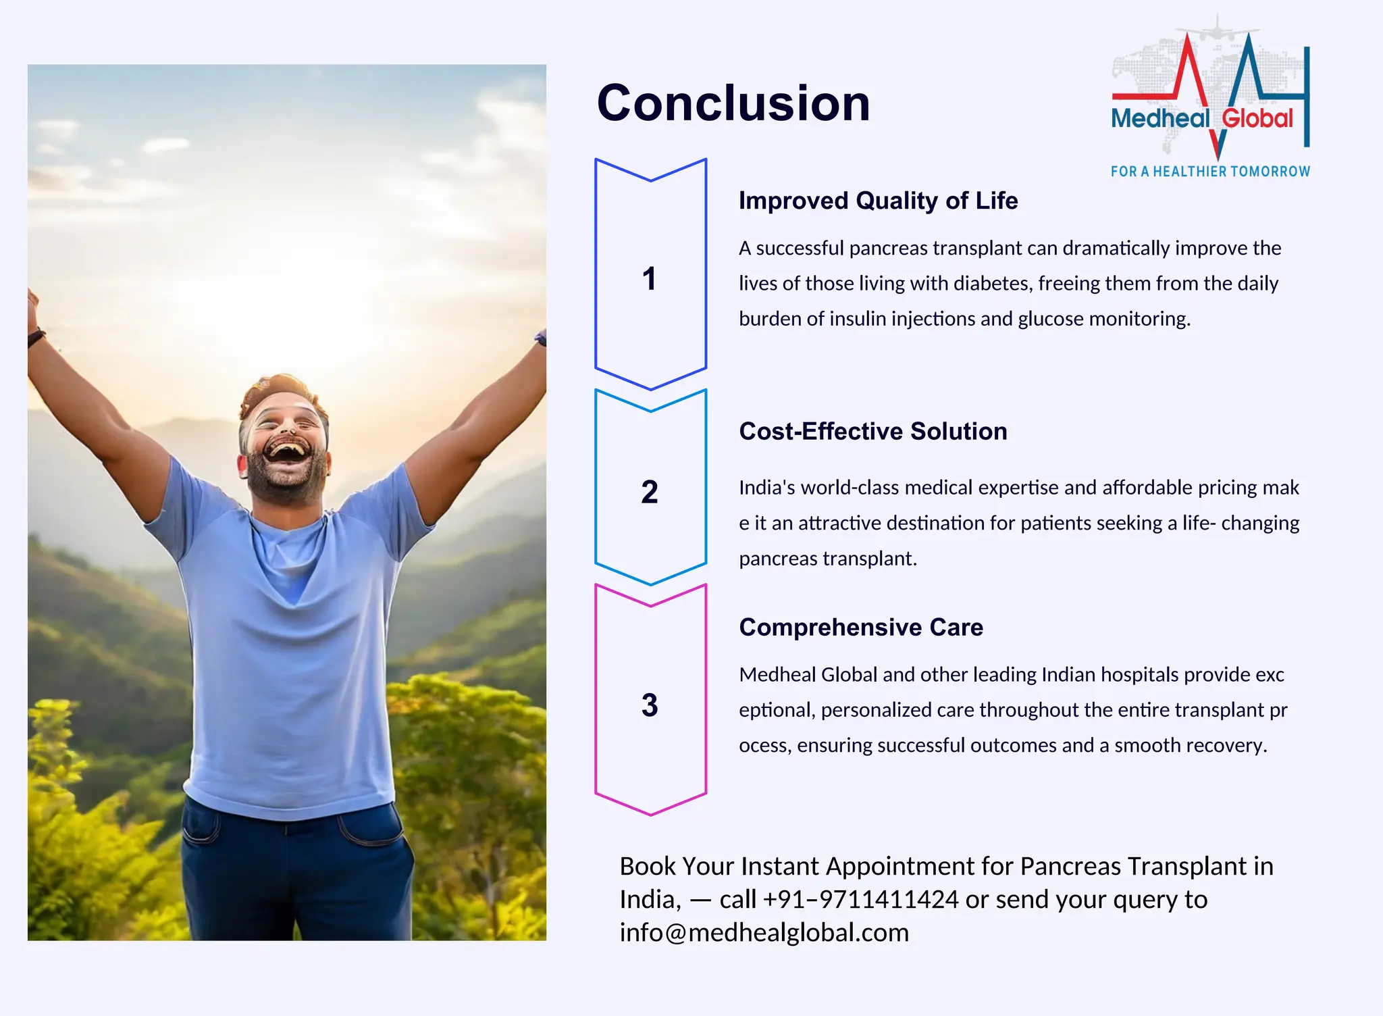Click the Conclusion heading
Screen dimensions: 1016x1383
(733, 103)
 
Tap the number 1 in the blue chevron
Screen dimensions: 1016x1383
(649, 279)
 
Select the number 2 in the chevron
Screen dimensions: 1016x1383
(649, 492)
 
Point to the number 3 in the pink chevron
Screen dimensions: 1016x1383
(649, 705)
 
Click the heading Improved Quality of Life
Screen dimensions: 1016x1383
(878, 201)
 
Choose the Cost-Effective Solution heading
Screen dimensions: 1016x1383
(872, 431)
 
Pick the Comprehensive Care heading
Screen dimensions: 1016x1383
(861, 627)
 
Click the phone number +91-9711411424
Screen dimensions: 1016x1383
(860, 900)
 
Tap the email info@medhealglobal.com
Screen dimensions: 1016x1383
(764, 933)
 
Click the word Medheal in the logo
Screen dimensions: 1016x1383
(1160, 119)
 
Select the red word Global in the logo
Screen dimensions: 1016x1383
(1257, 119)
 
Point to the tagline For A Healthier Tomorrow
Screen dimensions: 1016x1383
(1210, 172)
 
